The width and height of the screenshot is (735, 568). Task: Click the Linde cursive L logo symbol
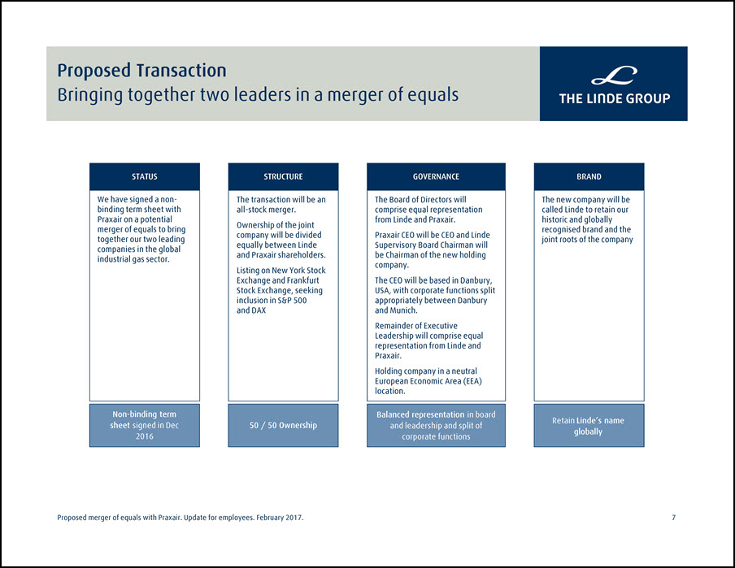click(x=614, y=76)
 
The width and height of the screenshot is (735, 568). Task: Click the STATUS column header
click(x=145, y=176)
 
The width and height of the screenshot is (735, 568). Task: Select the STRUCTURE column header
click(x=283, y=176)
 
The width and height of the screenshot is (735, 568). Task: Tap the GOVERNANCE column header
click(x=436, y=176)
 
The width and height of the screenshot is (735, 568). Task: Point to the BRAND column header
click(x=589, y=176)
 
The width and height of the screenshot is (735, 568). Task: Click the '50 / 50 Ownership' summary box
click(x=283, y=426)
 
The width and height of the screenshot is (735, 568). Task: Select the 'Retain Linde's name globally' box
click(x=589, y=426)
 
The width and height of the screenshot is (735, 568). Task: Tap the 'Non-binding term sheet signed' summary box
click(x=145, y=426)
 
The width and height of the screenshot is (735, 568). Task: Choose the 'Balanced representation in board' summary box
click(x=436, y=426)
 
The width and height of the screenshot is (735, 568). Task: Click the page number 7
click(x=673, y=518)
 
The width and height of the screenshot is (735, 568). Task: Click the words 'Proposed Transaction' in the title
click(x=141, y=71)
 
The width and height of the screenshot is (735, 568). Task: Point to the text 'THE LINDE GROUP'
click(x=614, y=98)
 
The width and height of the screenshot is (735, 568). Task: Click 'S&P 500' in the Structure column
click(x=292, y=301)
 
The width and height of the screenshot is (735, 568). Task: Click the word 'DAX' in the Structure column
click(x=259, y=310)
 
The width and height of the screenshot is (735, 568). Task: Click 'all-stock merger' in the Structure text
click(x=265, y=210)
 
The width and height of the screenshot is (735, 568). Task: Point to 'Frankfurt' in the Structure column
click(x=302, y=280)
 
